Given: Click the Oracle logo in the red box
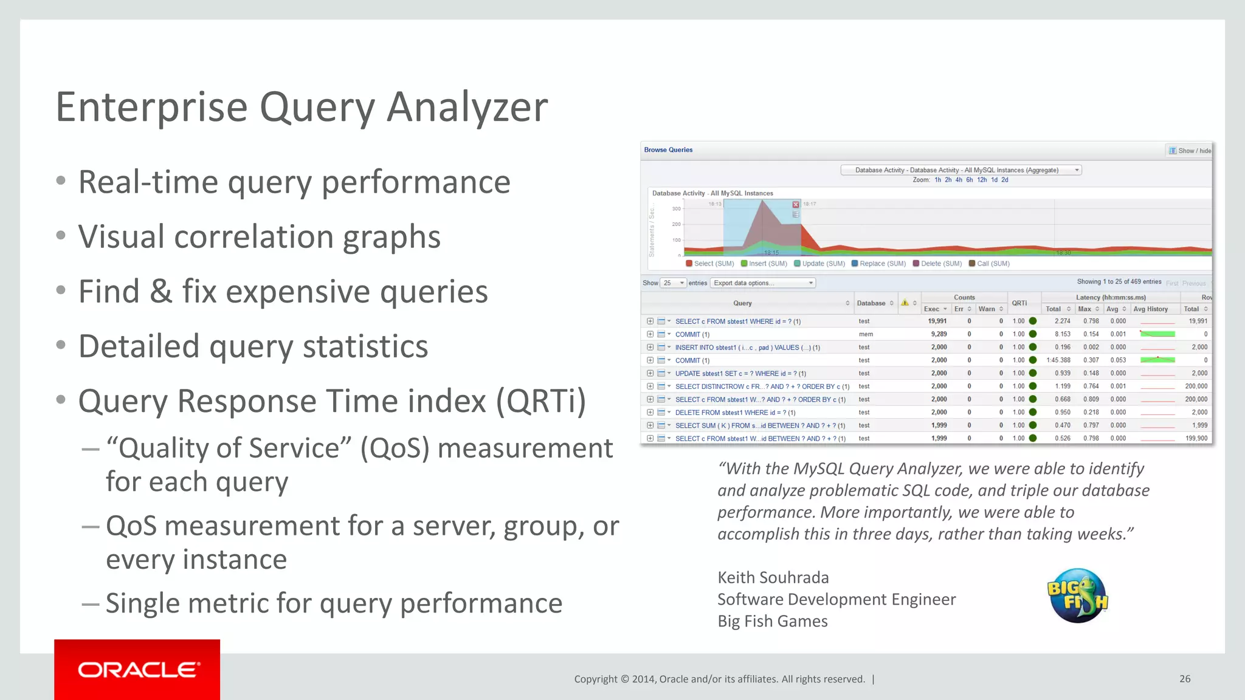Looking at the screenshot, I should click(x=138, y=670).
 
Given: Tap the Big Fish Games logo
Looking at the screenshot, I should click(x=1077, y=595).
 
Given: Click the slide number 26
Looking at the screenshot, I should click(x=1185, y=679).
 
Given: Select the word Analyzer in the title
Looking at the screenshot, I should click(x=467, y=107).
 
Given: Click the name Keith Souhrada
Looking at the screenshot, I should click(x=773, y=577).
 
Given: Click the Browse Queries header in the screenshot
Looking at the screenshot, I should click(x=668, y=150).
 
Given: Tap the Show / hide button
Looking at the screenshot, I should click(x=1190, y=151).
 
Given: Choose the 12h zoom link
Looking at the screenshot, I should click(x=982, y=180).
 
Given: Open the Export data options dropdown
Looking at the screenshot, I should click(x=762, y=283).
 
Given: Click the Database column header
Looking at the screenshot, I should click(x=871, y=303).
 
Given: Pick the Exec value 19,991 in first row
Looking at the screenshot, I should click(x=937, y=321).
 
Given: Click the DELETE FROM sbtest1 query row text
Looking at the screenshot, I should click(x=734, y=413).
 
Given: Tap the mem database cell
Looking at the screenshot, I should click(x=866, y=334).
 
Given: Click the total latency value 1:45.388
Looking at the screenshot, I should click(x=1058, y=360).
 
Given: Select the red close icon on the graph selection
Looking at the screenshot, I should click(x=796, y=205).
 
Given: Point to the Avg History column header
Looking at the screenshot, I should click(x=1150, y=309).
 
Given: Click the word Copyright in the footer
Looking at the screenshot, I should click(x=595, y=679).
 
